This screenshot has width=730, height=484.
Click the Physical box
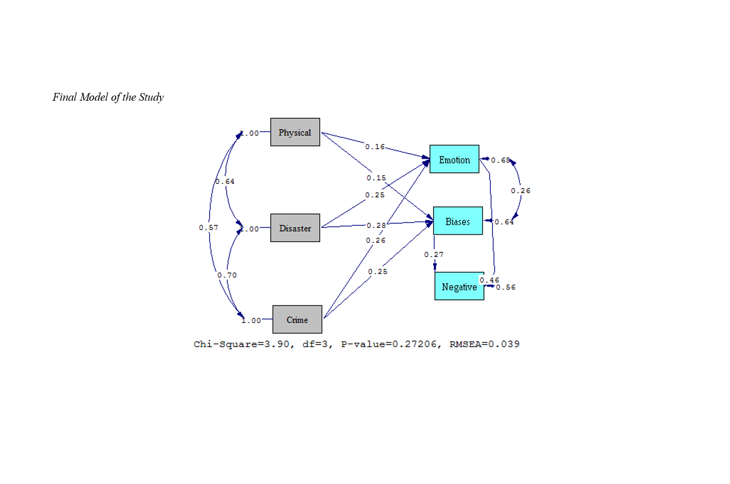(x=295, y=132)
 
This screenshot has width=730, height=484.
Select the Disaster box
(x=295, y=228)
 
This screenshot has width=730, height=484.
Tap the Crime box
(x=297, y=320)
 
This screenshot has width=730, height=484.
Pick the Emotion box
(x=454, y=159)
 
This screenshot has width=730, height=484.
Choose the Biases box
(x=457, y=221)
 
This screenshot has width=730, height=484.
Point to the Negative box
(x=459, y=286)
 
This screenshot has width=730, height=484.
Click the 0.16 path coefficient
(x=375, y=147)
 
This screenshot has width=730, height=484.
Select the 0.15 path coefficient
(x=376, y=178)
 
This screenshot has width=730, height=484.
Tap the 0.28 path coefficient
(x=376, y=225)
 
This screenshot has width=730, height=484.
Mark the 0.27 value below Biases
(x=434, y=254)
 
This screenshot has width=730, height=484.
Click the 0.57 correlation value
(x=209, y=227)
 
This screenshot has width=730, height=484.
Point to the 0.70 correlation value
(x=227, y=275)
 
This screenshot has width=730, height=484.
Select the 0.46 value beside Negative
(x=489, y=280)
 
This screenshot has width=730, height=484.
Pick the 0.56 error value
(x=506, y=287)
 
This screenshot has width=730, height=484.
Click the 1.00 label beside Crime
(x=251, y=320)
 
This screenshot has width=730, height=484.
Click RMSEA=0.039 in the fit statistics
(x=484, y=344)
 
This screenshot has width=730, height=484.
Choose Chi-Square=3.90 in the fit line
(x=242, y=344)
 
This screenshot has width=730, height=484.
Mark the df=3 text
(x=316, y=344)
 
